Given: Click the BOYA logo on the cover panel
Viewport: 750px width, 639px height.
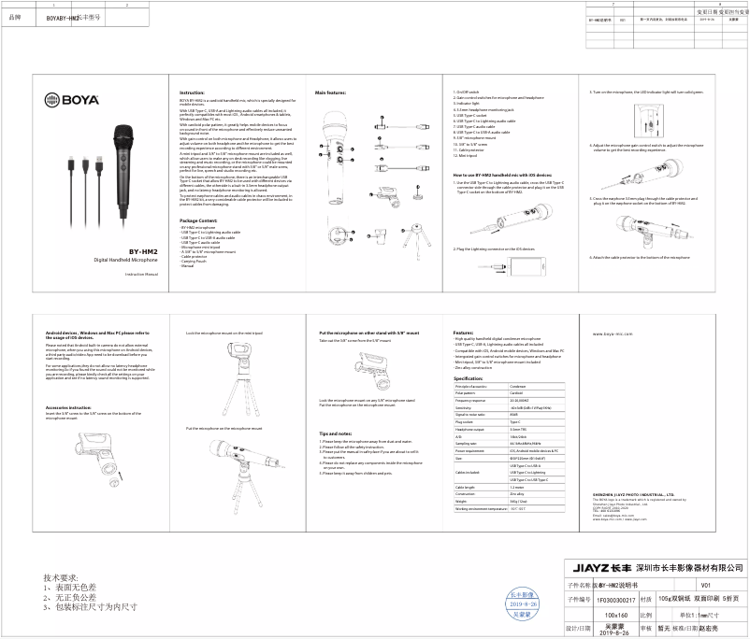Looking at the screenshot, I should pyautogui.click(x=68, y=95).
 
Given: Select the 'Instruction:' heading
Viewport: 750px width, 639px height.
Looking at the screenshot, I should pyautogui.click(x=192, y=92).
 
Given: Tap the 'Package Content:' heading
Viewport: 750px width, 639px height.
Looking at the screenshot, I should pyautogui.click(x=198, y=220).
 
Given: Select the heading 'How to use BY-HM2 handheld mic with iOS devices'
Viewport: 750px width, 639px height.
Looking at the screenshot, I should pyautogui.click(x=502, y=175).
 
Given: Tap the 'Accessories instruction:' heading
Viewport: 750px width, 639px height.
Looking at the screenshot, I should pyautogui.click(x=68, y=407).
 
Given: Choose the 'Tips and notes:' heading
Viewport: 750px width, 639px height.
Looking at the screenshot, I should pyautogui.click(x=335, y=433).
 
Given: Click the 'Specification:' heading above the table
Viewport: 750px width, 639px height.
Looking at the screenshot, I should pyautogui.click(x=469, y=377).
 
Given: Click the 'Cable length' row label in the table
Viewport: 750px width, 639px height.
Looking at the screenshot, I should pyautogui.click(x=465, y=487).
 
